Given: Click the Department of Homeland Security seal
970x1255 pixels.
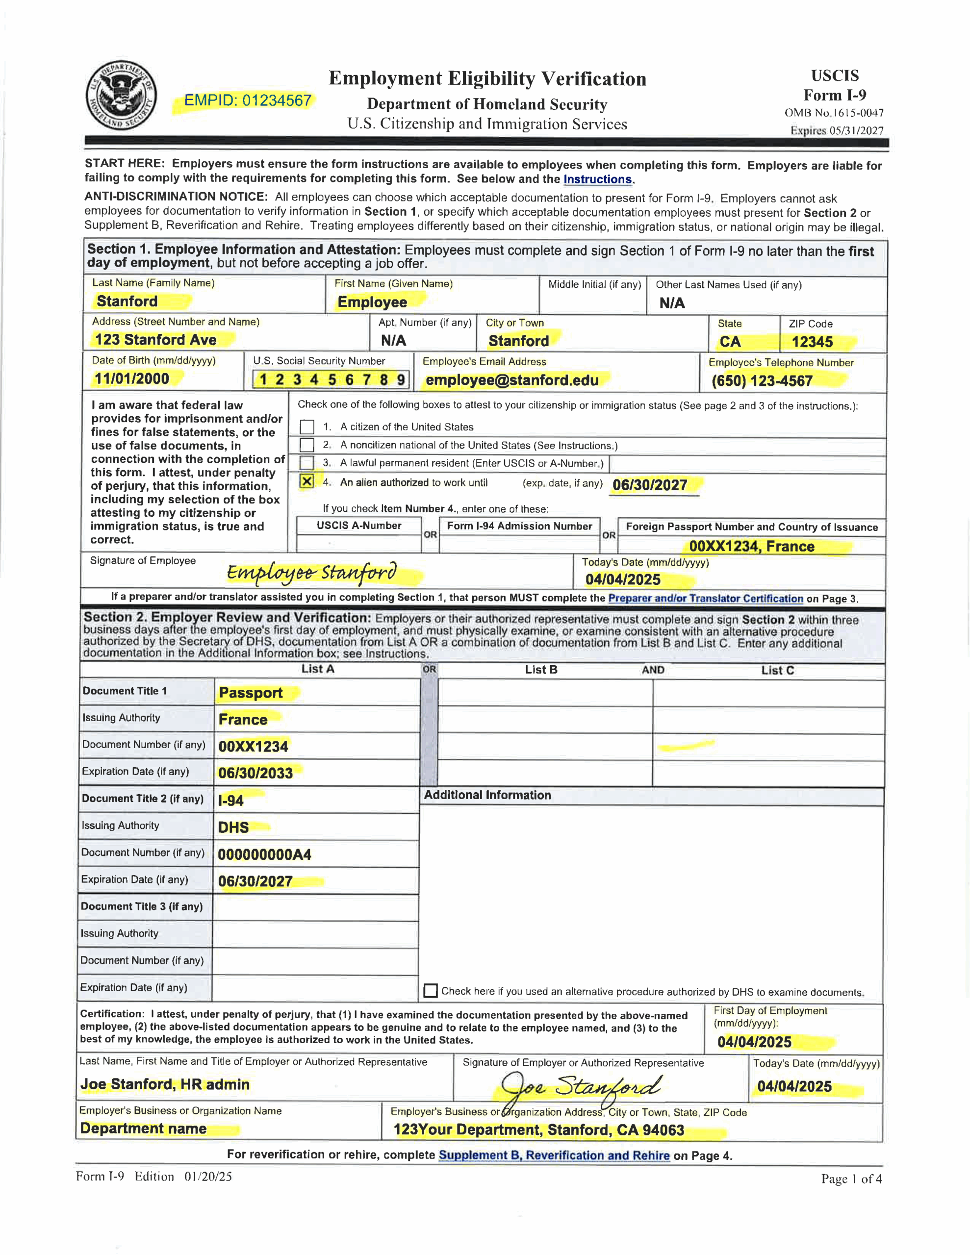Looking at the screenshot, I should (x=121, y=96).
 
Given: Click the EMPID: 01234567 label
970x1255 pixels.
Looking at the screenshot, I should (x=247, y=101).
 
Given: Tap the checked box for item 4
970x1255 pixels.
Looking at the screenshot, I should (x=307, y=481).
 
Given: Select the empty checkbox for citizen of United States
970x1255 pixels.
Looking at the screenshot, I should (x=307, y=427).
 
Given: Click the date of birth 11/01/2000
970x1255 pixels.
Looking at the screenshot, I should (x=132, y=378).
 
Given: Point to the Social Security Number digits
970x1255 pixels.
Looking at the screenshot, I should (x=331, y=379).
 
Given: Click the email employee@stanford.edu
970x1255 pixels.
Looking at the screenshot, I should (x=512, y=380).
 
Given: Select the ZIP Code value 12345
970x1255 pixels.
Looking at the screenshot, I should (x=812, y=342).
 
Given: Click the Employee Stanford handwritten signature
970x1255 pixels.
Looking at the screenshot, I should (x=311, y=572).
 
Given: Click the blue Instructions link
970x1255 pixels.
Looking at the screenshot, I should (x=597, y=179).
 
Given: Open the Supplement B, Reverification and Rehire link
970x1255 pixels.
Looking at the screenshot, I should (x=554, y=1155).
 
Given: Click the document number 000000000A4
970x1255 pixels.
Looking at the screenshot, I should (x=264, y=854).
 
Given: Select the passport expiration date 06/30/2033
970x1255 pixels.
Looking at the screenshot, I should (x=255, y=773).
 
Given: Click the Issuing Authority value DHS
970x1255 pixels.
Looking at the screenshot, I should (x=233, y=828).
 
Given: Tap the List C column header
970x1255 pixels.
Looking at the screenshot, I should (x=777, y=670).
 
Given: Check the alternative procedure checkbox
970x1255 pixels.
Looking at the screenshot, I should (x=430, y=991).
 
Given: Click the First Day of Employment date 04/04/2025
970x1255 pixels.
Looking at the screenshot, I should (x=754, y=1042).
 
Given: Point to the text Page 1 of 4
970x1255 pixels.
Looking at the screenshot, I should (x=851, y=1179).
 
